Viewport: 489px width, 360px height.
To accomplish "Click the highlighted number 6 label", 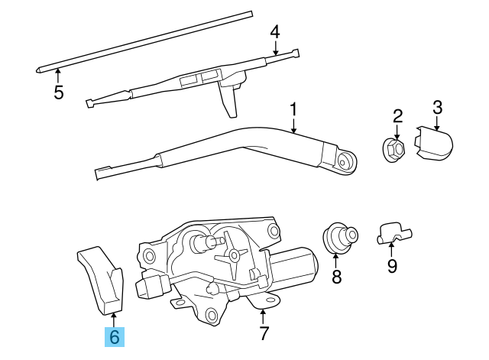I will pyautogui.click(x=115, y=336).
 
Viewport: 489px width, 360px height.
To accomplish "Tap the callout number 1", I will pyautogui.click(x=293, y=110).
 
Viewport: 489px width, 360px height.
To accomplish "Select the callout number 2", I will pyautogui.click(x=397, y=116).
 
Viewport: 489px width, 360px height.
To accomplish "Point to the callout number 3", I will pyautogui.click(x=437, y=106).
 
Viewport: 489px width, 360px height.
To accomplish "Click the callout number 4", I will pyautogui.click(x=275, y=32).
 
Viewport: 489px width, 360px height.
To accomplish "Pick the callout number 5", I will pyautogui.click(x=59, y=92).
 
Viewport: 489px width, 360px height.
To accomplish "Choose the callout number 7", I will pyautogui.click(x=264, y=333).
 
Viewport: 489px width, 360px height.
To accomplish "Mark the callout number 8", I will pyautogui.click(x=337, y=276).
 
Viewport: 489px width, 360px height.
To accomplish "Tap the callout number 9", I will pyautogui.click(x=392, y=266).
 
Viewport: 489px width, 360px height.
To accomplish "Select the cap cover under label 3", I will pyautogui.click(x=434, y=143).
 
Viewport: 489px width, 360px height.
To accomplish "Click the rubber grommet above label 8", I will pyautogui.click(x=339, y=235).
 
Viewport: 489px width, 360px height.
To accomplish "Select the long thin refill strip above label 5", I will pyautogui.click(x=145, y=42).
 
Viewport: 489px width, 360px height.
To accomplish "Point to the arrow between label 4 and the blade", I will pyautogui.click(x=275, y=48).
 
